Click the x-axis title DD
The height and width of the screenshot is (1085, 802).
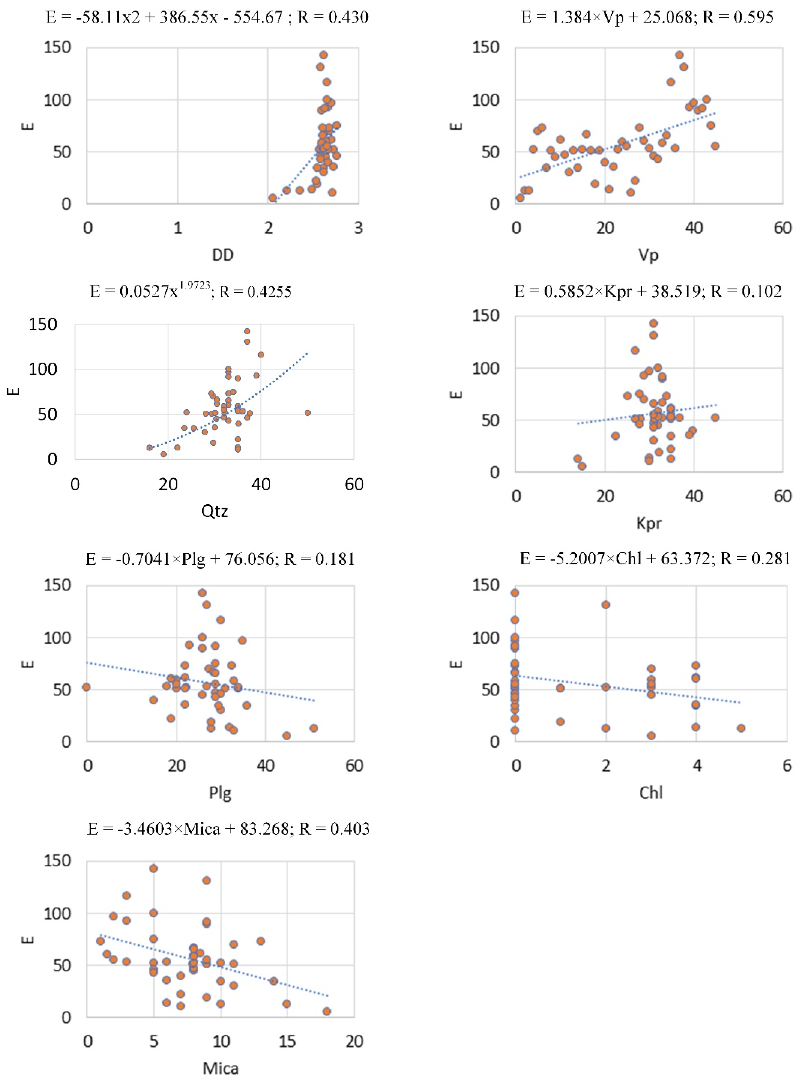coord(223,255)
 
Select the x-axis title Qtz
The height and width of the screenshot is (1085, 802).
coord(215,511)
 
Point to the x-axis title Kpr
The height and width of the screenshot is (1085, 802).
coord(649,523)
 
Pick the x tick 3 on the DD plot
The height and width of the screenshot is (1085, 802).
coord(358,228)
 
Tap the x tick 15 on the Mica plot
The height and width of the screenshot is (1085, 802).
coord(287,1041)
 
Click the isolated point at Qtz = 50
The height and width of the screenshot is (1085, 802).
coord(307,413)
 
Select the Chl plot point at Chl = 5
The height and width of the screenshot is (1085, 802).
coord(741,728)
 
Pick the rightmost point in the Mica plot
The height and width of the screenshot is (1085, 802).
coord(327,1011)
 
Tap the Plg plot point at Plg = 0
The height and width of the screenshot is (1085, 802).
coord(87,687)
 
